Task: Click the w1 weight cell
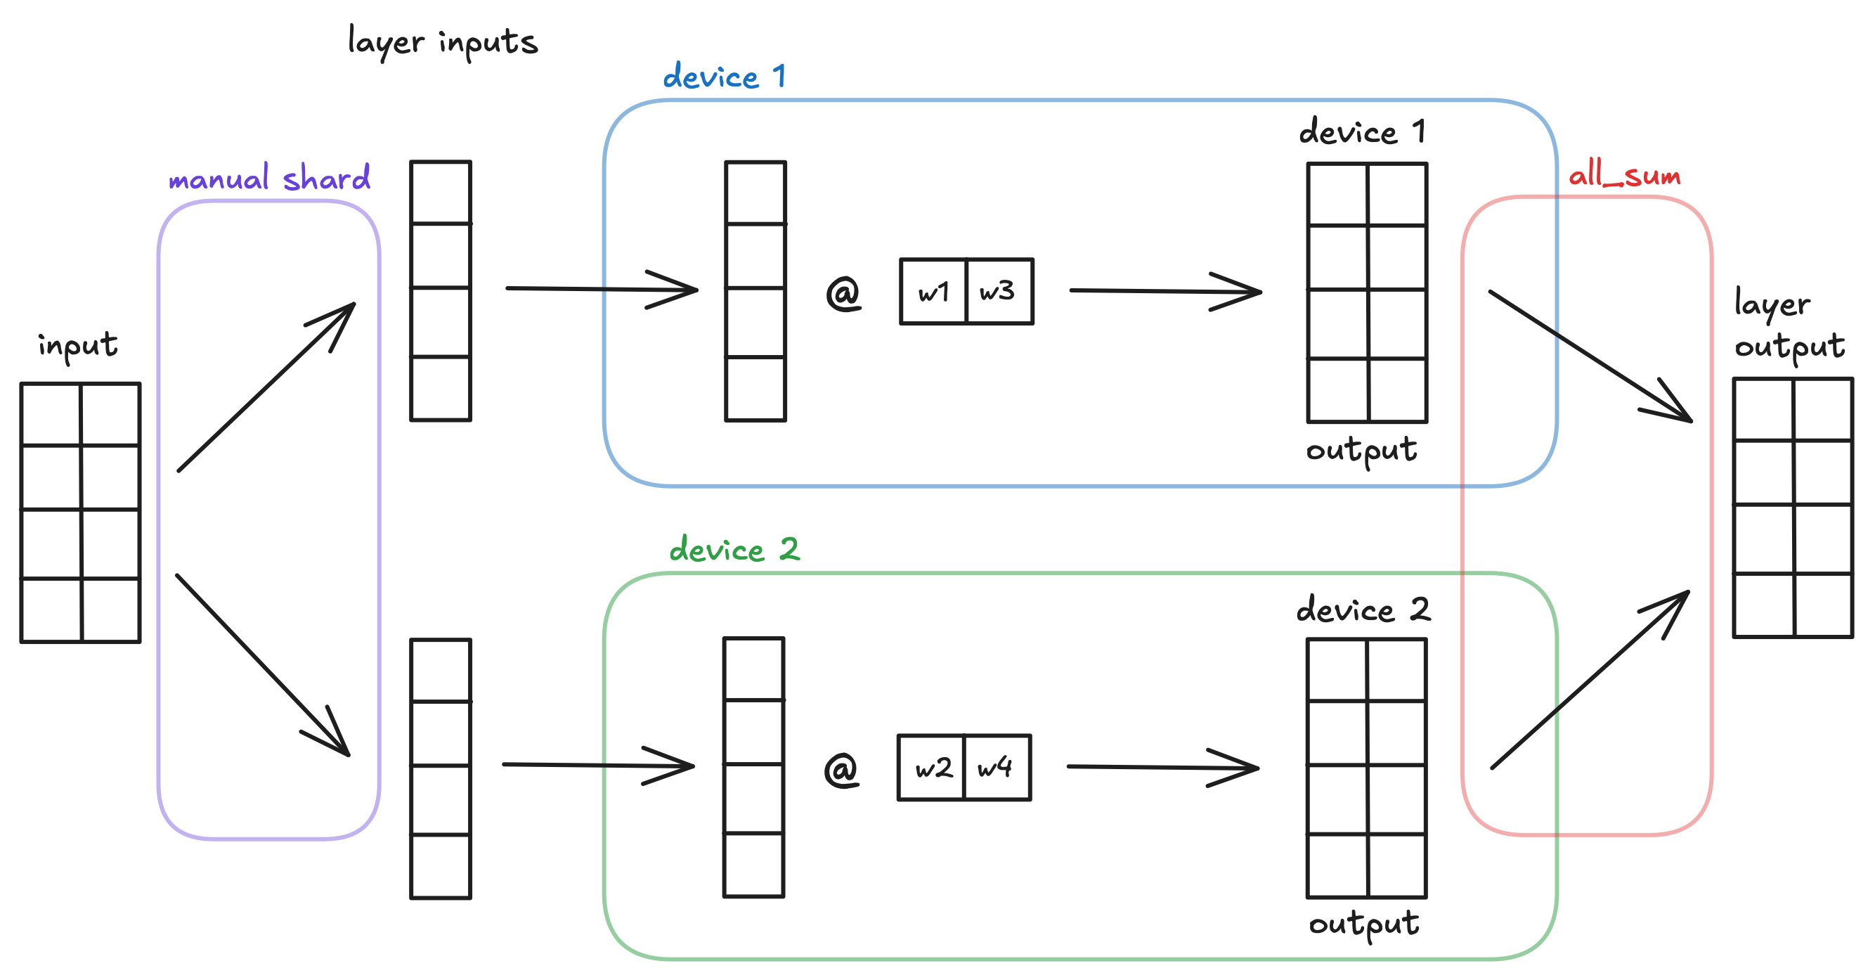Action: (933, 292)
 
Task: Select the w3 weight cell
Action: (998, 292)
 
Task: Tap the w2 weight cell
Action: (932, 768)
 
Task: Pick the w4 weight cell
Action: (996, 768)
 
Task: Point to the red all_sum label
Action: (1624, 176)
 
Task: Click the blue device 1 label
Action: (724, 77)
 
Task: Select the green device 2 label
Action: (734, 550)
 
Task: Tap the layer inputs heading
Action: (443, 41)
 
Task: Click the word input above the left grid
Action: (78, 346)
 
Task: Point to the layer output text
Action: (1789, 325)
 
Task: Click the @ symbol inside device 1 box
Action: (843, 293)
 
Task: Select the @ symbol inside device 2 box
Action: (841, 770)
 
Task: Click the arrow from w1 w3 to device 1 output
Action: (1164, 291)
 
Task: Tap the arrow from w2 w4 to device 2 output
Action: (1162, 768)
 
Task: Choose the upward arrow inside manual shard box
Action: (266, 387)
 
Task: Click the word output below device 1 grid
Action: (1361, 451)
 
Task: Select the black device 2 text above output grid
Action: (1363, 610)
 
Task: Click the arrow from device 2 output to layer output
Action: (1590, 679)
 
